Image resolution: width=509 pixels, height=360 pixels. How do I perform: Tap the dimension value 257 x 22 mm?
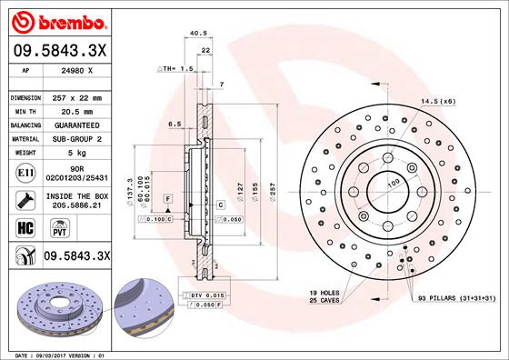pyautogui.click(x=79, y=97)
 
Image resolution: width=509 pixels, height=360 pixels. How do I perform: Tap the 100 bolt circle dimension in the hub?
pyautogui.click(x=395, y=185)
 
